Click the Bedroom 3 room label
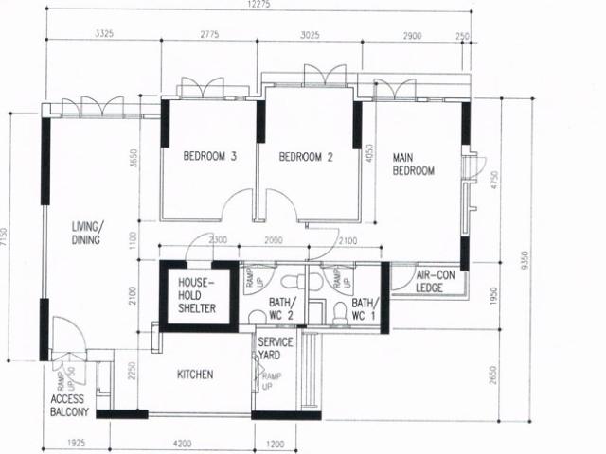[x=209, y=157]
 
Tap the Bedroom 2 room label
[x=307, y=157]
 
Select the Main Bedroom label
[x=413, y=165]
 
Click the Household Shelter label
[x=197, y=295]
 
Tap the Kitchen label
[x=195, y=375]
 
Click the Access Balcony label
[x=69, y=406]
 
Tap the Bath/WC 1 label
[x=365, y=308]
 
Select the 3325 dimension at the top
[x=105, y=34]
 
